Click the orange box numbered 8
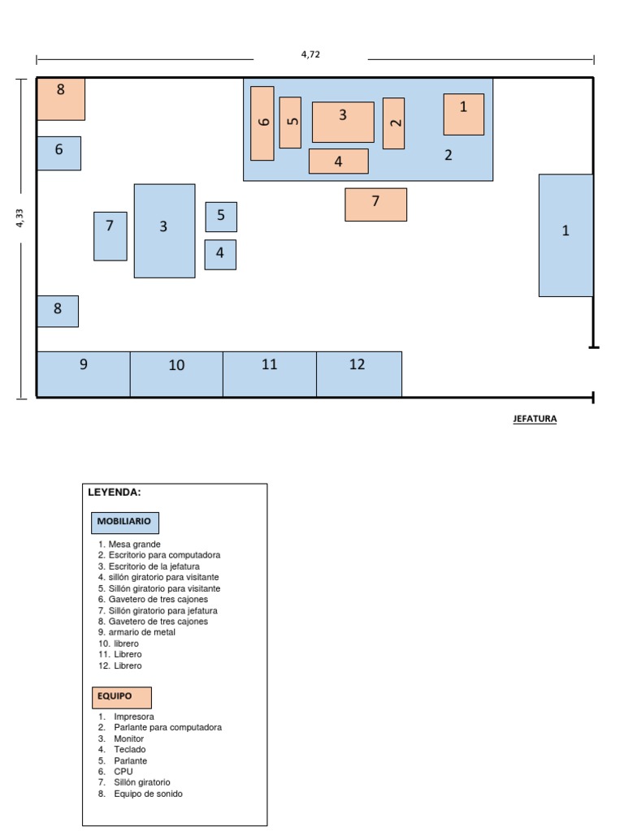pyautogui.click(x=61, y=99)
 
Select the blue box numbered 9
pyautogui.click(x=83, y=374)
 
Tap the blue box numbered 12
pyautogui.click(x=358, y=374)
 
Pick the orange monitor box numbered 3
pyautogui.click(x=343, y=122)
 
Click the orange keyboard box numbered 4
pyautogui.click(x=338, y=161)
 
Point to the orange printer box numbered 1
pyautogui.click(x=463, y=114)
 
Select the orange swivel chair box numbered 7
pyautogui.click(x=375, y=205)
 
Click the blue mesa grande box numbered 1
pyautogui.click(x=565, y=235)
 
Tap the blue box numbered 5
pyautogui.click(x=220, y=217)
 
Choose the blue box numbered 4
pyautogui.click(x=220, y=254)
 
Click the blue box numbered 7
pyautogui.click(x=110, y=236)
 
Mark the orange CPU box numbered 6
pyautogui.click(x=262, y=123)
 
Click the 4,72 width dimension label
pyautogui.click(x=310, y=54)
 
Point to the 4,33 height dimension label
pyautogui.click(x=19, y=218)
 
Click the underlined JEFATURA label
pyautogui.click(x=535, y=420)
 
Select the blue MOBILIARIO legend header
pyautogui.click(x=125, y=522)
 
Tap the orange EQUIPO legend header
pyautogui.click(x=121, y=697)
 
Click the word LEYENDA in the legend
pyautogui.click(x=115, y=492)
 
